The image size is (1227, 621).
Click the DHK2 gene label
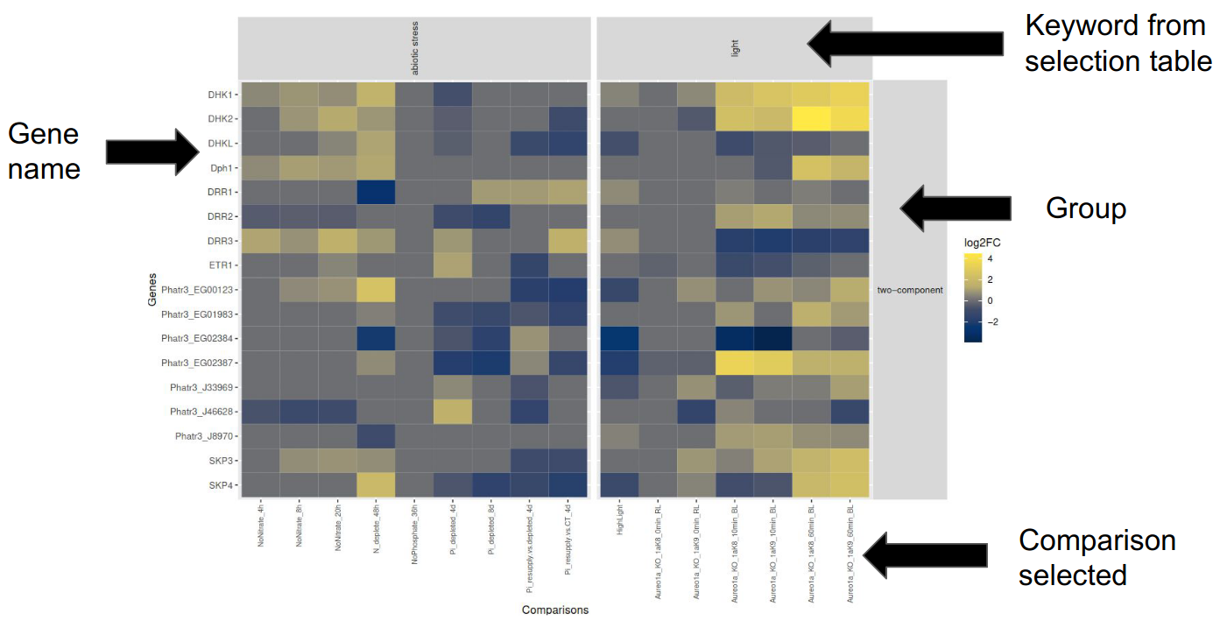219,118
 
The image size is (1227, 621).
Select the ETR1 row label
220,265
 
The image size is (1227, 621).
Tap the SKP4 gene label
220,484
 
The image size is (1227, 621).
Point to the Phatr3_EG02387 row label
197,363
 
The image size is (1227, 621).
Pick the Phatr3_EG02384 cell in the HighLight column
619,338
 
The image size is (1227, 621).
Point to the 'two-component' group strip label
910,290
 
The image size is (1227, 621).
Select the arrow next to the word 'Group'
955,208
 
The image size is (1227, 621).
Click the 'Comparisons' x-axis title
554,609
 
